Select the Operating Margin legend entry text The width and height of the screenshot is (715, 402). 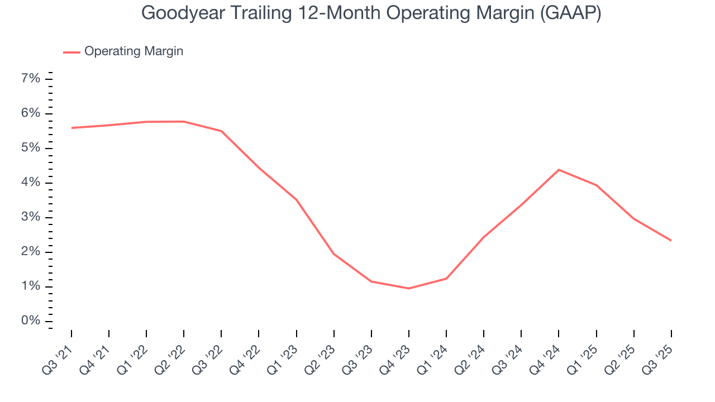coord(134,51)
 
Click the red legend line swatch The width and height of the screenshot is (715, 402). coord(71,52)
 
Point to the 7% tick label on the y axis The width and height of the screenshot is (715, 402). coord(31,79)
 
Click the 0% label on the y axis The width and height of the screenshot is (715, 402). coord(31,321)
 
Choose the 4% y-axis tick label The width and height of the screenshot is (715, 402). coord(31,183)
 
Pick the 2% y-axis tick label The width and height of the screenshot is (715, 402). coord(31,252)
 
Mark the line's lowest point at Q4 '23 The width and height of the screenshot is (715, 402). coord(409,288)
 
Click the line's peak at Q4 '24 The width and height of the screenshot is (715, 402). coord(559,170)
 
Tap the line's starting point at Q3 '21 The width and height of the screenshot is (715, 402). coord(71,128)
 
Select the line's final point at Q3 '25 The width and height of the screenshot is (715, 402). coord(671,240)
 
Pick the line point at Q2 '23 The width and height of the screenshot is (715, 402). coord(334,254)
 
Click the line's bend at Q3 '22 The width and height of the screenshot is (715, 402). coord(221,131)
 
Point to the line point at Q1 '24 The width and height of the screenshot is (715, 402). coord(446,278)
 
